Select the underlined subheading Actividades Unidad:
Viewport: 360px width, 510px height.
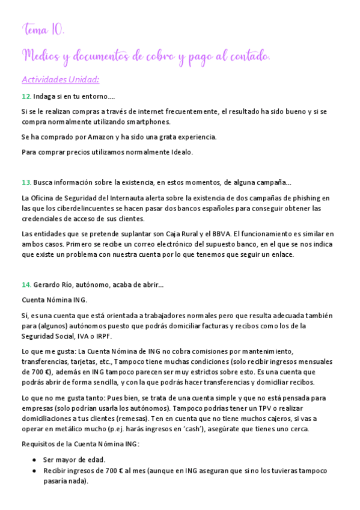pyautogui.click(x=60, y=79)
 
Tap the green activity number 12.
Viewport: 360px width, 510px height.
pyautogui.click(x=26, y=96)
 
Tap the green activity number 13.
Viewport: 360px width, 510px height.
pyautogui.click(x=26, y=182)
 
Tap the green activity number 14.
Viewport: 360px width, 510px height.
pyautogui.click(x=26, y=284)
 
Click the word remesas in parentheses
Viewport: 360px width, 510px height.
pyautogui.click(x=135, y=419)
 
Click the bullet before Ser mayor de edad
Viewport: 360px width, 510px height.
pyautogui.click(x=34, y=459)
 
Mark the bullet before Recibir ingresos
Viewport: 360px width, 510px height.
pyautogui.click(x=34, y=470)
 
